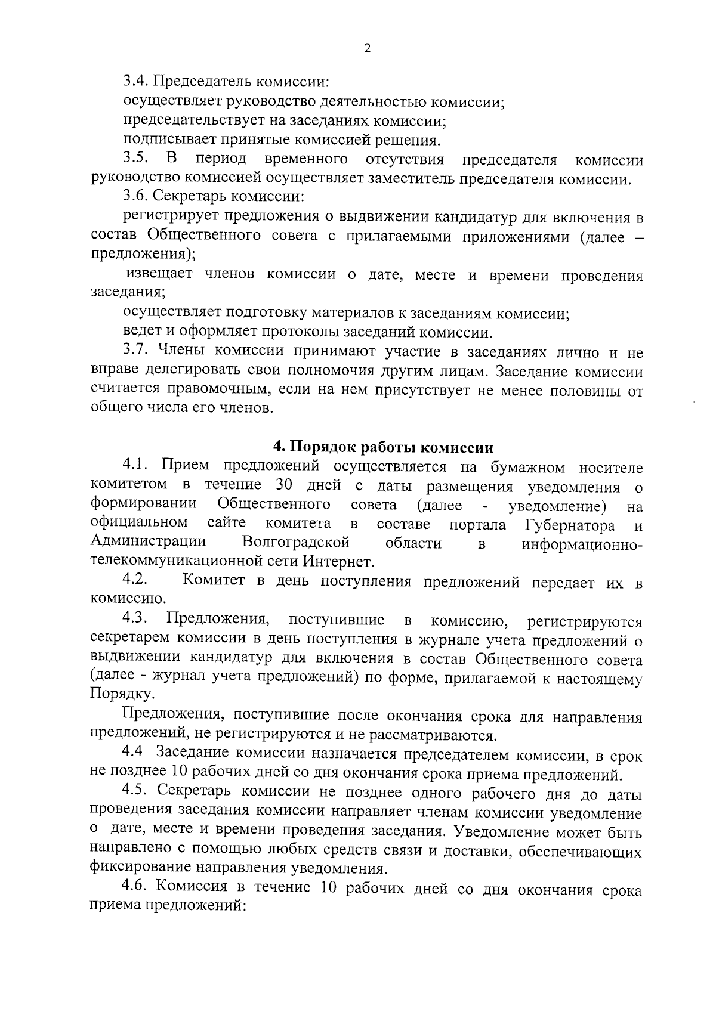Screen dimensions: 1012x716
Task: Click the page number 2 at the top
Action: coord(367,48)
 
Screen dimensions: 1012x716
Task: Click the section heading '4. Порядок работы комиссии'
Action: coord(383,447)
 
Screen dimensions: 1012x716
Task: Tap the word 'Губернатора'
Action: coord(570,525)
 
